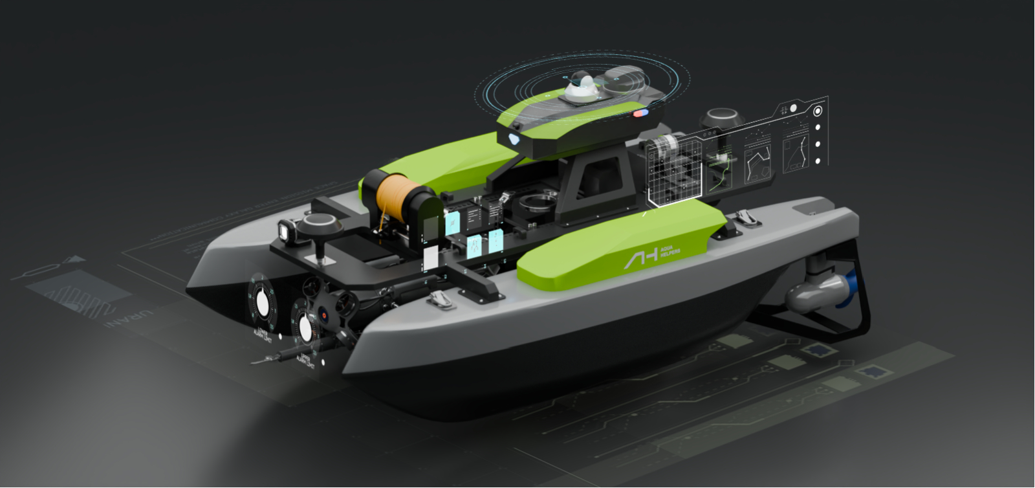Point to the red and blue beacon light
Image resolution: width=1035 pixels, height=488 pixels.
coord(640,114)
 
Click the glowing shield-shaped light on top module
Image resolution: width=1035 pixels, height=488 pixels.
coord(514,137)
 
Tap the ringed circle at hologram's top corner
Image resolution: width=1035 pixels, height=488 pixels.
coord(818,111)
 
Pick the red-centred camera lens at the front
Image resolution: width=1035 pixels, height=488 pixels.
coord(325,315)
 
